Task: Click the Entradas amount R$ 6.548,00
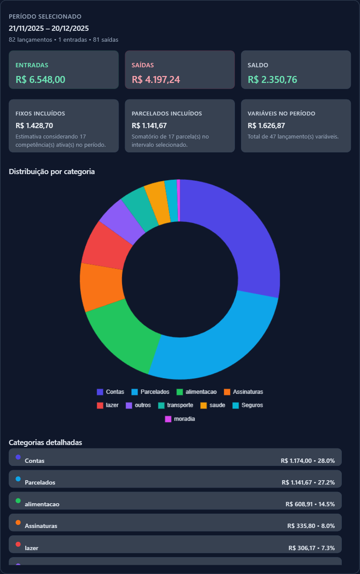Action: [40, 79]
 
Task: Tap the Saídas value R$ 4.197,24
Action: [156, 79]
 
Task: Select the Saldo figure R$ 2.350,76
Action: [272, 79]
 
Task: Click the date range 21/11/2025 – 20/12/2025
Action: [49, 28]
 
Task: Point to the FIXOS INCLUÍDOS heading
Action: [40, 113]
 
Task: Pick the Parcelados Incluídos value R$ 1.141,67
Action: [149, 125]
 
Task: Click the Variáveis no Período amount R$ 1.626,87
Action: [266, 125]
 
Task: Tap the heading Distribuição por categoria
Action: [52, 172]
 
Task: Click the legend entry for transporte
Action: [176, 405]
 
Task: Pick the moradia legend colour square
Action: [168, 419]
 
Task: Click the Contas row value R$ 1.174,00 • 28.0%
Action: [307, 461]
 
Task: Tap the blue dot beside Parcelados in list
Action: [18, 479]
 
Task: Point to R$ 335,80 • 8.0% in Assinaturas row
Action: [311, 526]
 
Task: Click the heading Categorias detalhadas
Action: [46, 442]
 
